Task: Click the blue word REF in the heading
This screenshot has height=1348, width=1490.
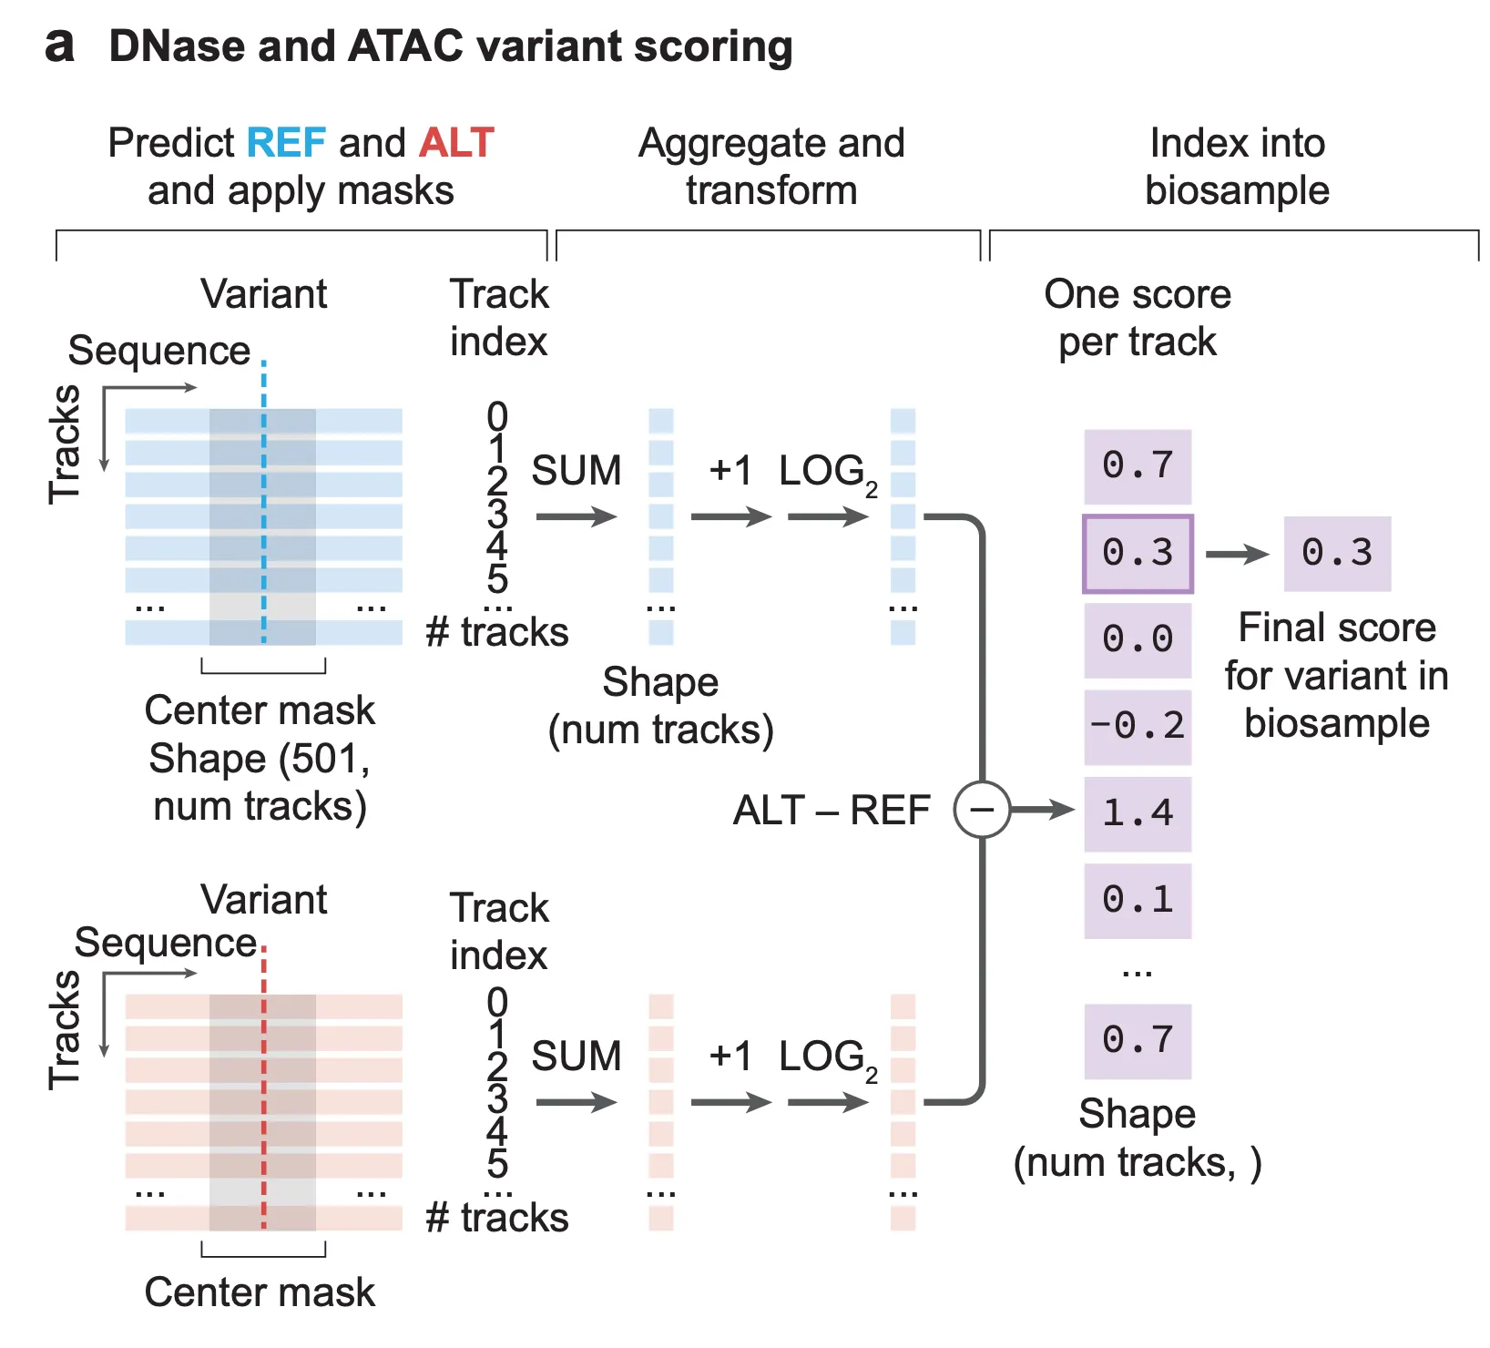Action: [x=286, y=143]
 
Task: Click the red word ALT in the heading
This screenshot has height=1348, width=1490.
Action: [x=456, y=143]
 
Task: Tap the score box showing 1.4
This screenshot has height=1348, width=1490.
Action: [x=1138, y=813]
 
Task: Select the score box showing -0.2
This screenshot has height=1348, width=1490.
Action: [x=1138, y=727]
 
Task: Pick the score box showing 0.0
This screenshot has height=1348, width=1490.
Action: [x=1138, y=639]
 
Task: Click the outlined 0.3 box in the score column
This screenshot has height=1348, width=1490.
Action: [x=1138, y=554]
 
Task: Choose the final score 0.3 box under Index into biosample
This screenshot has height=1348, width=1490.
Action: [x=1337, y=554]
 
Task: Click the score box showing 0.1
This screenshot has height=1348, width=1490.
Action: [x=1138, y=901]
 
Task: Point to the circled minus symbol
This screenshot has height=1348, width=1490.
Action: [x=982, y=809]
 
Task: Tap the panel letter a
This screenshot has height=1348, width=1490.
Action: [x=60, y=46]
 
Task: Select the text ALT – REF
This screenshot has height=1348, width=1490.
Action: [x=831, y=810]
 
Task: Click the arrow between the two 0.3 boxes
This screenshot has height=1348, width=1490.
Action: [x=1236, y=554]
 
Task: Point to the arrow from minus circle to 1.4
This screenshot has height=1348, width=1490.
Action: [x=1042, y=809]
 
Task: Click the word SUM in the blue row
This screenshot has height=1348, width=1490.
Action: [x=576, y=471]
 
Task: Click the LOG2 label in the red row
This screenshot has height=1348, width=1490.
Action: [x=827, y=1057]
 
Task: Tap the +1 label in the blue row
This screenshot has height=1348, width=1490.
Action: [x=730, y=471]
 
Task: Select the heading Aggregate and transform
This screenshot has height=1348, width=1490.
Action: [x=771, y=167]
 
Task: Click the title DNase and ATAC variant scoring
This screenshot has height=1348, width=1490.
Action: [x=451, y=46]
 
